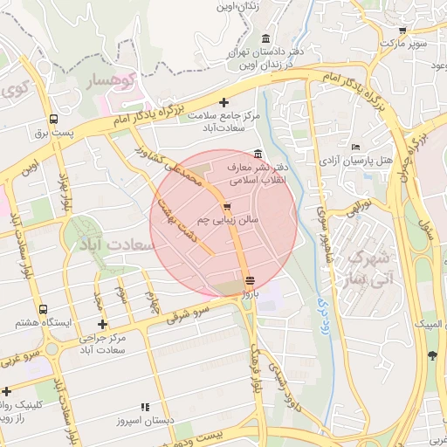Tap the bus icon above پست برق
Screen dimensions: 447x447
tap(54, 119)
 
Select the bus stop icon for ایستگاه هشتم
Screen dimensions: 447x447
tap(44, 309)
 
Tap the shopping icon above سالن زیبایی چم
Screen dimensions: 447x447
tap(228, 207)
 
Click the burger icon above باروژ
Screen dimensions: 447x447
tap(251, 281)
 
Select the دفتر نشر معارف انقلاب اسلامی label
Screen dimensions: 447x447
tap(256, 174)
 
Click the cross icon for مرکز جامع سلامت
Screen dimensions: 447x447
tap(224, 102)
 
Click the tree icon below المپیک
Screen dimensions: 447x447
tap(432, 354)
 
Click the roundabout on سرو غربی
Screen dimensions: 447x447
tap(52, 349)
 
